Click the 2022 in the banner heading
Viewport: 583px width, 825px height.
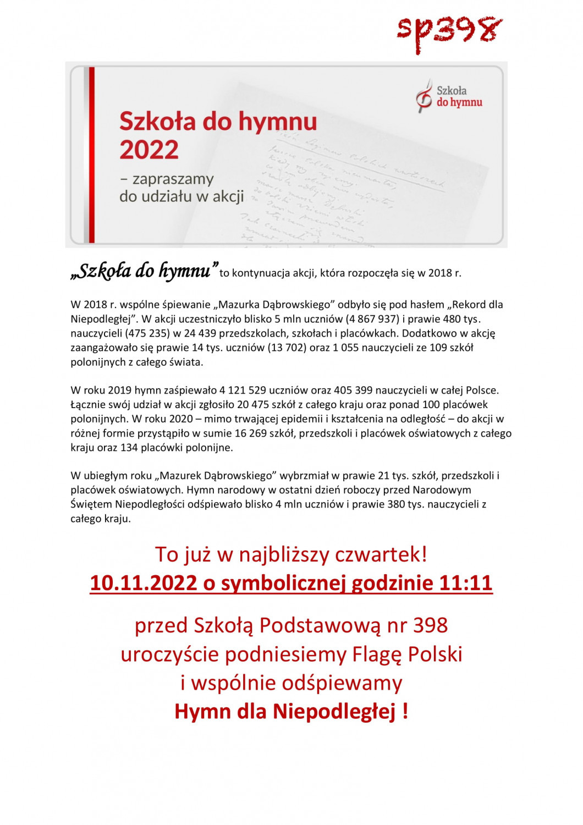(x=149, y=150)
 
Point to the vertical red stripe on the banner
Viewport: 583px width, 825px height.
(x=92, y=155)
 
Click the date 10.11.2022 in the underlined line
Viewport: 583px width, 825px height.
(x=144, y=583)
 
